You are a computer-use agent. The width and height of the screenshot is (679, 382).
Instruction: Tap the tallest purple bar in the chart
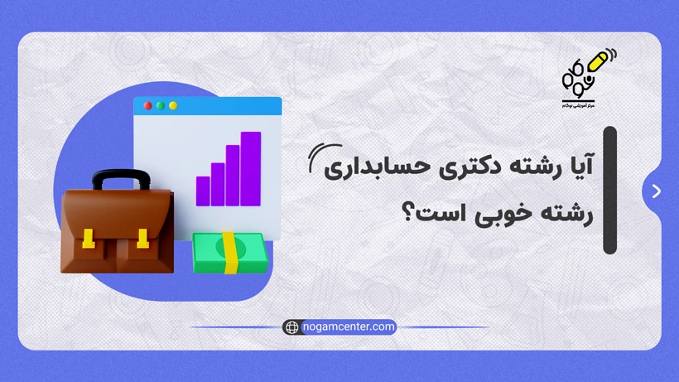251,168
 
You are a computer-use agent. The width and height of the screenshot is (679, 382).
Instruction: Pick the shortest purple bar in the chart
203,190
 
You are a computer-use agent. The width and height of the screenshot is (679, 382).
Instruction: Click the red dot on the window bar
148,106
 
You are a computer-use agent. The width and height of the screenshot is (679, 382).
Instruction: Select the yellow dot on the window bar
161,106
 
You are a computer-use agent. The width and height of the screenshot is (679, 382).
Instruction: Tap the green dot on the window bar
173,106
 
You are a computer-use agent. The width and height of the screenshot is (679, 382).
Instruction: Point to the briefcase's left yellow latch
89,239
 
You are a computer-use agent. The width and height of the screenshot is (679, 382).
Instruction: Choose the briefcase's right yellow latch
142,239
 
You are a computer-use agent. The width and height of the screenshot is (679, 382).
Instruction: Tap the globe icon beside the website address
291,327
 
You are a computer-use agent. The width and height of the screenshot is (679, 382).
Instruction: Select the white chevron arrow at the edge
657,191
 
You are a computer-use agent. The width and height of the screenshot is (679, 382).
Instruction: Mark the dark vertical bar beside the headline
609,191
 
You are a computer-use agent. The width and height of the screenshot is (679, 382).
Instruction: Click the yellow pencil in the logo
596,61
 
